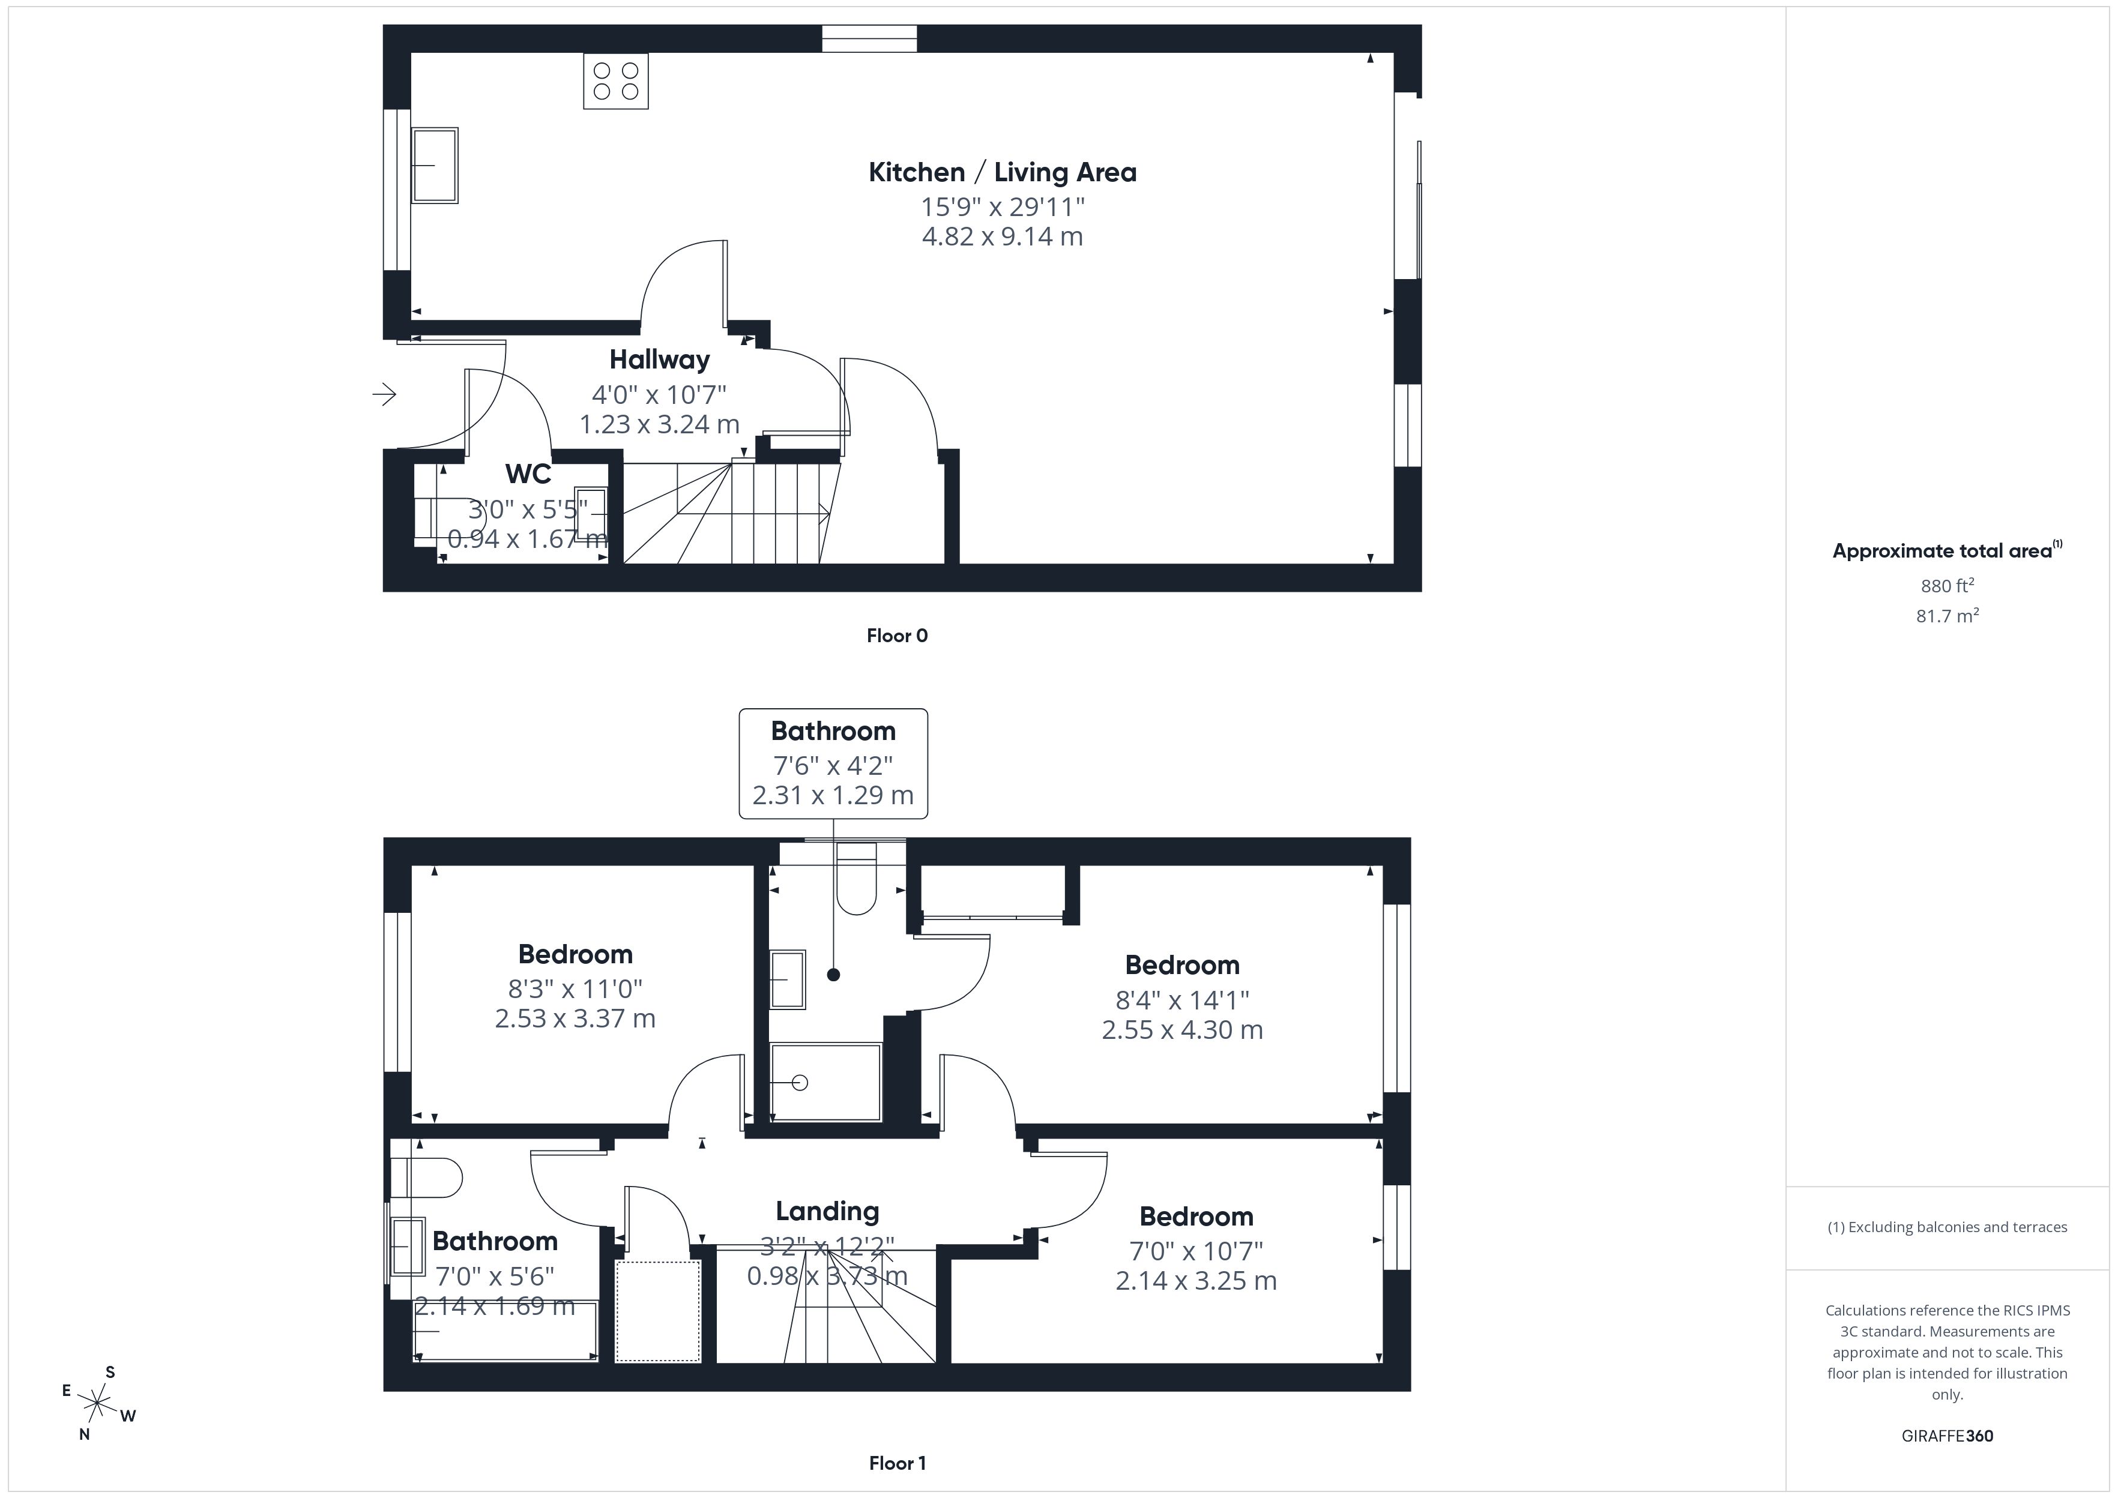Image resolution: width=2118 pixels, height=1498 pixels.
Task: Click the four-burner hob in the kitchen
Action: [x=615, y=81]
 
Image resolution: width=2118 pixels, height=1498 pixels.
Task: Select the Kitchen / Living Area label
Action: [x=1002, y=172]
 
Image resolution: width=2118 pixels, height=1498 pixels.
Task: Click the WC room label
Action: [x=528, y=474]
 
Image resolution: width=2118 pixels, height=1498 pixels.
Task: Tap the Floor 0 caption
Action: [x=897, y=636]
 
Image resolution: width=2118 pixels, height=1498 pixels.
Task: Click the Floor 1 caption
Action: [x=897, y=1463]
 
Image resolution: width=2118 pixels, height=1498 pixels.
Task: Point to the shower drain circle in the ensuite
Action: [x=800, y=1083]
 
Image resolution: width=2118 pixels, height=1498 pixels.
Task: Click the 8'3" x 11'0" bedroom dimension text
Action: [x=575, y=989]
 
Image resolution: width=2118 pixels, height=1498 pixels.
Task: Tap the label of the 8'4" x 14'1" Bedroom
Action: [x=1181, y=966]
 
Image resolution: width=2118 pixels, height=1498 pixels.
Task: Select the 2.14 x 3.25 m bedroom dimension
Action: [x=1195, y=1281]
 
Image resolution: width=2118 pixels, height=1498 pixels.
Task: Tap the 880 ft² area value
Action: [x=1946, y=586]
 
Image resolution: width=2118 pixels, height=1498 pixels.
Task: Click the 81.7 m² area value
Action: [x=1946, y=616]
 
